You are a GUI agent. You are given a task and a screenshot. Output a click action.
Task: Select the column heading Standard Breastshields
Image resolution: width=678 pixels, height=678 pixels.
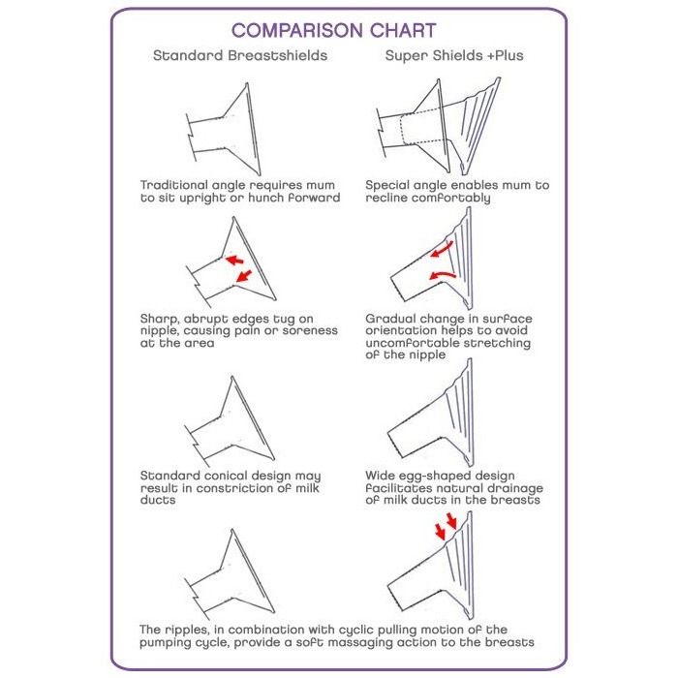coord(240,55)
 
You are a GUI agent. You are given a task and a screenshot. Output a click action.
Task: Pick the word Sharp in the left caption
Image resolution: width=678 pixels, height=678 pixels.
coord(162,318)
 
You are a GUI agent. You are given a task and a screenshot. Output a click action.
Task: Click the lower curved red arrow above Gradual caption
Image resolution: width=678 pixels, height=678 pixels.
coord(441,278)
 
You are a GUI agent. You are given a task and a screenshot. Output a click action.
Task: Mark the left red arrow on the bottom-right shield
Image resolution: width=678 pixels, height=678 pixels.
coord(442,532)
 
